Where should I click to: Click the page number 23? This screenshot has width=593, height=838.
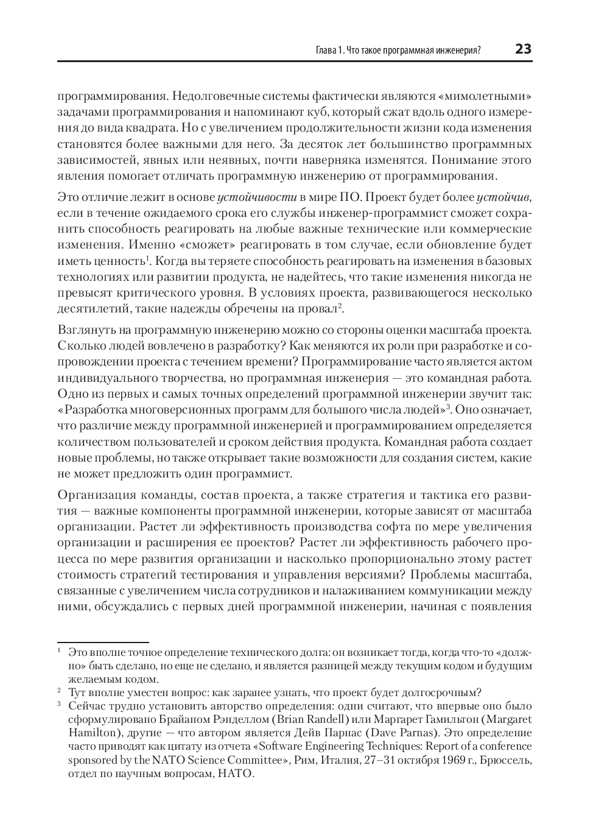pyautogui.click(x=523, y=49)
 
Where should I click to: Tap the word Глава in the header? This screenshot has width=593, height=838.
pyautogui.click(x=319, y=51)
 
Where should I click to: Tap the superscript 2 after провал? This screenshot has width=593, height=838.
pyautogui.click(x=340, y=306)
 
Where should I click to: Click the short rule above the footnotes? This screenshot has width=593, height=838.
pyautogui.click(x=103, y=642)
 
